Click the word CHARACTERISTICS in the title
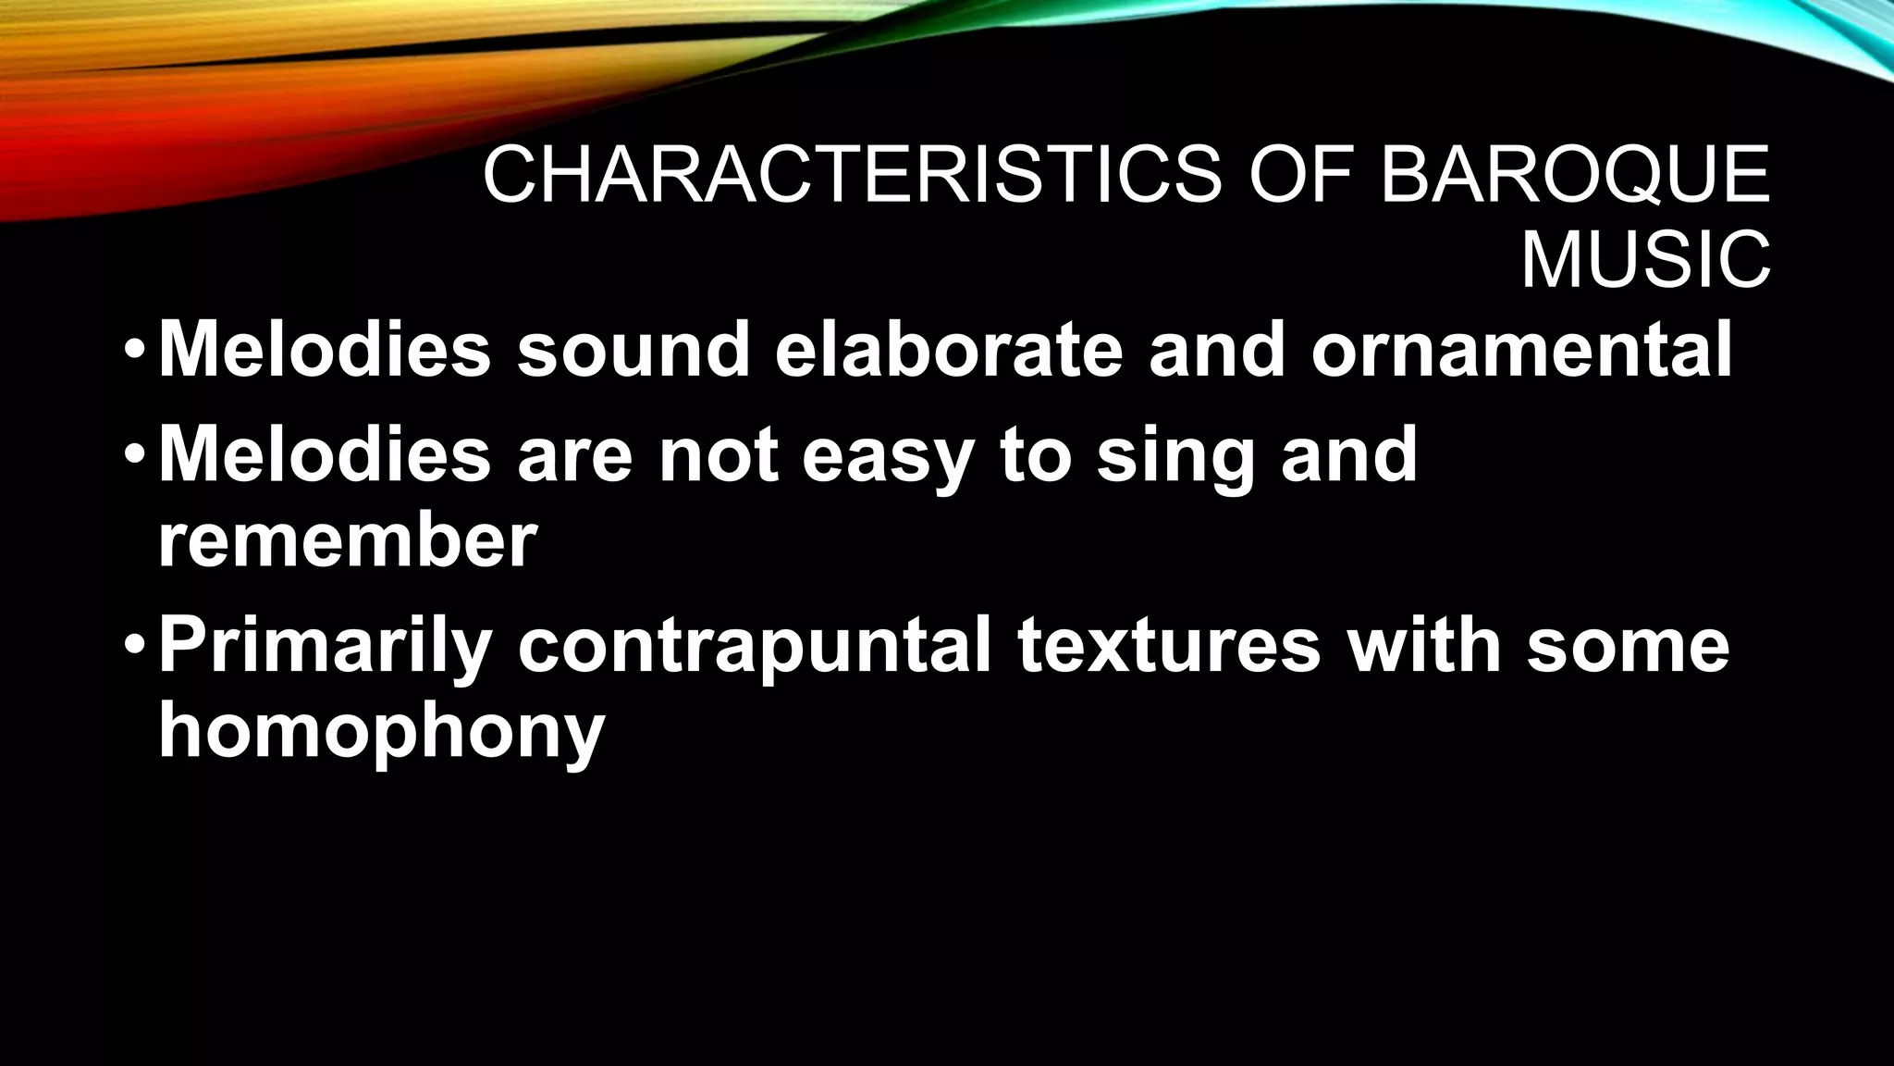[851, 175]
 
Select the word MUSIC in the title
[1645, 262]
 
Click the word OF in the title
[1300, 175]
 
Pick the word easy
[887, 456]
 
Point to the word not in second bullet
[718, 454]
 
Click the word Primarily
[325, 645]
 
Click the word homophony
[380, 731]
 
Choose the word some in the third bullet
[1627, 645]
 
